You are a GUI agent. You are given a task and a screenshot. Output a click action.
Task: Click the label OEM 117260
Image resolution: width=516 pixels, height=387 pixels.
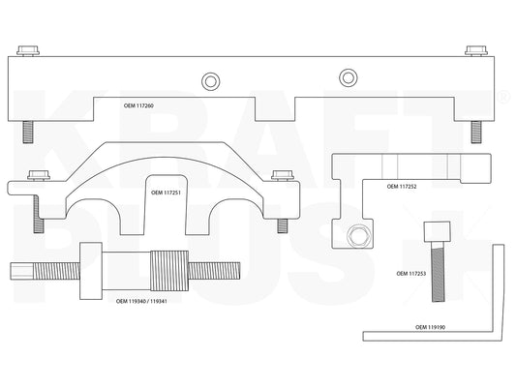138,105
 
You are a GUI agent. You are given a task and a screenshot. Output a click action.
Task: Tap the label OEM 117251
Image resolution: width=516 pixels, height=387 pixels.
166,193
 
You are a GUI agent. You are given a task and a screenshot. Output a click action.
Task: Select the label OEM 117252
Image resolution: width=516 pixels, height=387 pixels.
402,187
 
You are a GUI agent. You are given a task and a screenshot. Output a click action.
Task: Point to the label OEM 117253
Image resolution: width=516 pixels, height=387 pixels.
411,274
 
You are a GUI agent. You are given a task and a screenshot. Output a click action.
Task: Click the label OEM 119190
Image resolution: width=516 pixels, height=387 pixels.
430,327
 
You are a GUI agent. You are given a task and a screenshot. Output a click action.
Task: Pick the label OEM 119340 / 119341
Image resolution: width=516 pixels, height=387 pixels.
141,301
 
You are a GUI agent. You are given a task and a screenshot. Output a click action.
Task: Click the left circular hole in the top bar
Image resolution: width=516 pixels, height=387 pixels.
210,81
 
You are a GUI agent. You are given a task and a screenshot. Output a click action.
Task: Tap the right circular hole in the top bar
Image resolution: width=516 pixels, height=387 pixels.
349,77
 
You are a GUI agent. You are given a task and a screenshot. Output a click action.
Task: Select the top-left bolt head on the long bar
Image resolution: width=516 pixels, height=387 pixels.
28,50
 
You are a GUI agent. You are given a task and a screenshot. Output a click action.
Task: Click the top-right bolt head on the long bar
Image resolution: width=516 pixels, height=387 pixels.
476,50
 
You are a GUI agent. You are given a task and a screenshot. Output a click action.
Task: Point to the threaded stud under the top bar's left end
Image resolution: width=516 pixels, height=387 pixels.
28,132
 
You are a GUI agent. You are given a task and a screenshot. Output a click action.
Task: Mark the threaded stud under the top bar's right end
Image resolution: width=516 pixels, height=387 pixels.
476,132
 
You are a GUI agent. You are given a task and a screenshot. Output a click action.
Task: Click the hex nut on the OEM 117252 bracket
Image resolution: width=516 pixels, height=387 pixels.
359,236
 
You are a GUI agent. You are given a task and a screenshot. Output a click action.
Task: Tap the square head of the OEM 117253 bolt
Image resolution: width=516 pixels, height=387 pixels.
437,232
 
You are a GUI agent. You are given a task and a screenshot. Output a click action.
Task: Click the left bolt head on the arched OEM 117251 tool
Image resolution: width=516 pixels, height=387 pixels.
39,175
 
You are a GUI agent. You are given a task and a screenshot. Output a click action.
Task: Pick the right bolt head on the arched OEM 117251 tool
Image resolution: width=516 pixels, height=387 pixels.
283,175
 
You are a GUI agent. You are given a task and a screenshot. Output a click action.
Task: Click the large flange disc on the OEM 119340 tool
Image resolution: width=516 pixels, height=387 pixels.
91,271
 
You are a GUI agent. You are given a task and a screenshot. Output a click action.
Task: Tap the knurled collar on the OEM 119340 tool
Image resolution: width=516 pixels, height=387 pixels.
169,271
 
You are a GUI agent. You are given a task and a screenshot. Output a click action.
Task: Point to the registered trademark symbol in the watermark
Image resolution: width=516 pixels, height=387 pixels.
503,97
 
